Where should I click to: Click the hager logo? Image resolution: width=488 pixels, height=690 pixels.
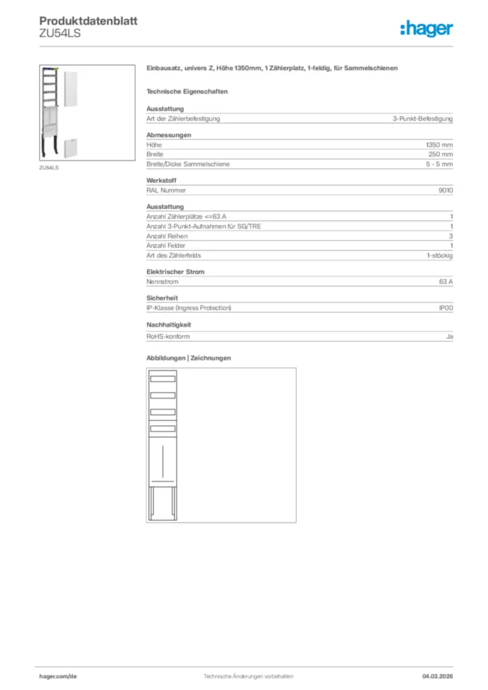pyautogui.click(x=427, y=28)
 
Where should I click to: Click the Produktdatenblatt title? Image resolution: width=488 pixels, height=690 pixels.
pyautogui.click(x=88, y=21)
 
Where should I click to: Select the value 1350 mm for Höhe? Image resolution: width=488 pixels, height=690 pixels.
pyautogui.click(x=439, y=145)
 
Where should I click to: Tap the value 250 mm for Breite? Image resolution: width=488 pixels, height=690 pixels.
pyautogui.click(x=441, y=154)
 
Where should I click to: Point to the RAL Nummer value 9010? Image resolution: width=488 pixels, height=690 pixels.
pyautogui.click(x=446, y=190)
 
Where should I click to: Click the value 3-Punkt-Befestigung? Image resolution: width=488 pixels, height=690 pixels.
pyautogui.click(x=423, y=119)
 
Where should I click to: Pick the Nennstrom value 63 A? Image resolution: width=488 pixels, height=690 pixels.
pyautogui.click(x=446, y=282)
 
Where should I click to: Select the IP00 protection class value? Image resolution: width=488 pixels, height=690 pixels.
pyautogui.click(x=446, y=308)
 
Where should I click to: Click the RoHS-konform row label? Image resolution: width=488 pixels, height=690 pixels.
pyautogui.click(x=168, y=336)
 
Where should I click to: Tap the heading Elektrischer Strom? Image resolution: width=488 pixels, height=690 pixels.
pyautogui.click(x=175, y=272)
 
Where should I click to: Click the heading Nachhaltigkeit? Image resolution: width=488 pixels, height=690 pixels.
pyautogui.click(x=169, y=324)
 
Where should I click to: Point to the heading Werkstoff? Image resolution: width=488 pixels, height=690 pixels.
pyautogui.click(x=161, y=181)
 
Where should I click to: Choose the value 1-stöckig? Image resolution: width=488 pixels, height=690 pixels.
pyautogui.click(x=439, y=255)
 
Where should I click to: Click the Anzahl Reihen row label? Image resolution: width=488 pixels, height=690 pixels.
pyautogui.click(x=167, y=236)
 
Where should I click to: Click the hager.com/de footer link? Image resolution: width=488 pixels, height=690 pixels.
pyautogui.click(x=58, y=676)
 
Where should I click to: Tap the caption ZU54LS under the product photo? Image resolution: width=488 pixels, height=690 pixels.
pyautogui.click(x=49, y=167)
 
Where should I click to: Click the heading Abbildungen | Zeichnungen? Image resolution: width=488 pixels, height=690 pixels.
pyautogui.click(x=188, y=358)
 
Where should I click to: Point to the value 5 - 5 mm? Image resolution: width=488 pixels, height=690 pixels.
pyautogui.click(x=439, y=164)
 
